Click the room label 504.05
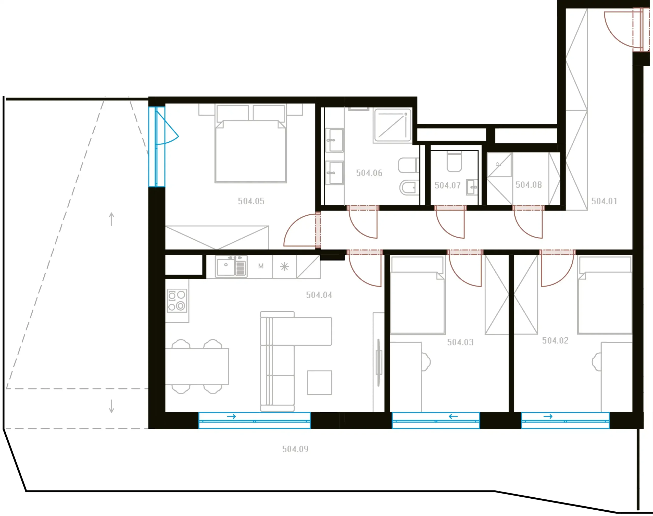(251, 201)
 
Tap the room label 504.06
(369, 173)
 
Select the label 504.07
(447, 185)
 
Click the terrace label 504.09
(295, 449)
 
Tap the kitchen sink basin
(226, 267)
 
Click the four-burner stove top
(177, 301)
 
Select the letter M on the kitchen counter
(261, 266)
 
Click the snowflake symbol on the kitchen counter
(284, 266)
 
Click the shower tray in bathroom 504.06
(393, 125)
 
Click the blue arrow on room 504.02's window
(548, 416)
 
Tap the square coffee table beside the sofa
(319, 383)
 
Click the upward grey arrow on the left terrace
(111, 219)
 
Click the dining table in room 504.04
(197, 366)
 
